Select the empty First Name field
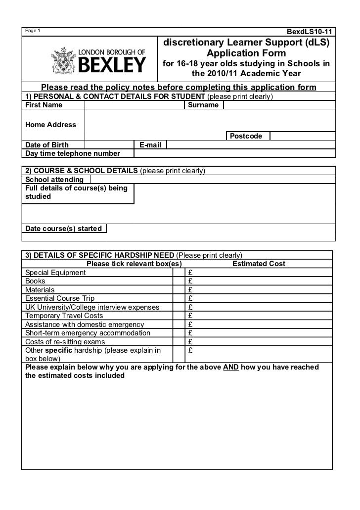pyautogui.click(x=134, y=105)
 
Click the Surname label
pyautogui.click(x=204, y=105)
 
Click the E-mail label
pyautogui.click(x=150, y=145)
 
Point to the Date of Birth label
pyautogui.click(x=47, y=145)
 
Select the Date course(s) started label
pyautogui.click(x=63, y=229)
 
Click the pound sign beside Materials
pyautogui.click(x=190, y=290)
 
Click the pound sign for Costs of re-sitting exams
pyautogui.click(x=190, y=341)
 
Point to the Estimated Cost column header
pyautogui.click(x=259, y=264)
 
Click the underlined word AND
pyautogui.click(x=231, y=368)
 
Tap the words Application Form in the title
pyautogui.click(x=246, y=53)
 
